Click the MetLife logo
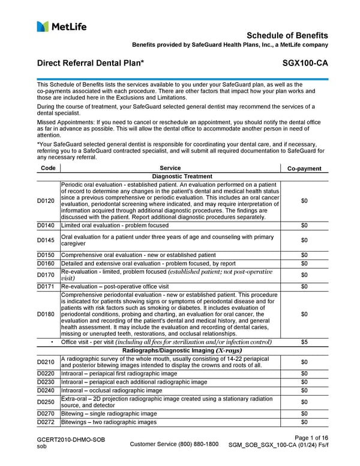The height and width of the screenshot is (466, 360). [61, 26]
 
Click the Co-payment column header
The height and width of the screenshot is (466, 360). [304, 169]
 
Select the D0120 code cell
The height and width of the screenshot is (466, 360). [48, 201]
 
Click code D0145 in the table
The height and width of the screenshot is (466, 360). [48, 240]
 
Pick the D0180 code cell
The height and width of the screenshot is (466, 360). [48, 313]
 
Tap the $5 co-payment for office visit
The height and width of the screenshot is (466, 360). [304, 342]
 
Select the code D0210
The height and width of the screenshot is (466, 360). [48, 362]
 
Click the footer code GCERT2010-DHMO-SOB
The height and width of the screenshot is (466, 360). [71, 440]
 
